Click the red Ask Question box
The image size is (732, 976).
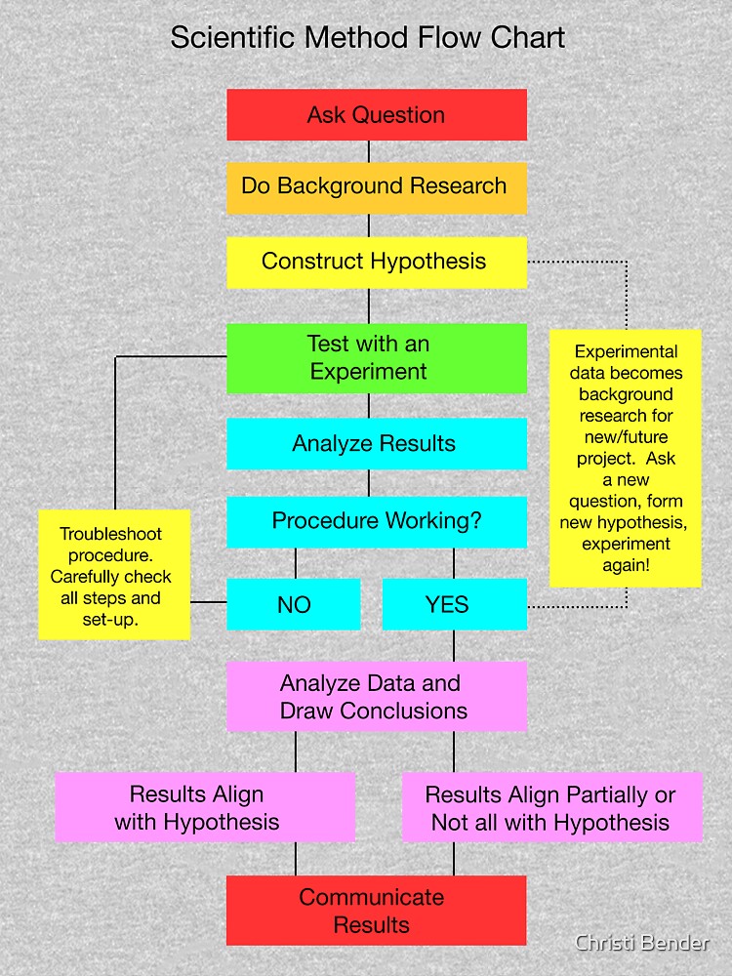pyautogui.click(x=377, y=115)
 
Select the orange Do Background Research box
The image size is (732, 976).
pyautogui.click(x=377, y=187)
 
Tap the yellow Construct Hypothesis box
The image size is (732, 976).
pyautogui.click(x=377, y=262)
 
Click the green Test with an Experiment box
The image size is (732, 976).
pyautogui.click(x=377, y=358)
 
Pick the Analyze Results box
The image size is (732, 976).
pyautogui.click(x=377, y=444)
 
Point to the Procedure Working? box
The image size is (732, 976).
pyautogui.click(x=377, y=521)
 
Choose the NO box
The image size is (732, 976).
pyautogui.click(x=294, y=604)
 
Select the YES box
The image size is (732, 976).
pyautogui.click(x=455, y=604)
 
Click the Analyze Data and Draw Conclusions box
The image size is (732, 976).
pyautogui.click(x=377, y=697)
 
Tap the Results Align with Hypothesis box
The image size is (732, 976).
pyautogui.click(x=205, y=808)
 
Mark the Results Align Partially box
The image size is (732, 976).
pyautogui.click(x=551, y=808)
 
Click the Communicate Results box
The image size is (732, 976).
pyautogui.click(x=377, y=911)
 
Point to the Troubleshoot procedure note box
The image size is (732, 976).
pyautogui.click(x=114, y=577)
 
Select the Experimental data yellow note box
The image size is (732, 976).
pyautogui.click(x=626, y=459)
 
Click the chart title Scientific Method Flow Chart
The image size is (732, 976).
pyautogui.click(x=368, y=38)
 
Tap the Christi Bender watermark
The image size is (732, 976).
pyautogui.click(x=641, y=943)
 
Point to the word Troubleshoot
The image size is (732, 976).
pyautogui.click(x=111, y=534)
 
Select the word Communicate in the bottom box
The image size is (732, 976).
pyautogui.click(x=371, y=897)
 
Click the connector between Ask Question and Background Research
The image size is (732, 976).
pyautogui.click(x=368, y=151)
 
